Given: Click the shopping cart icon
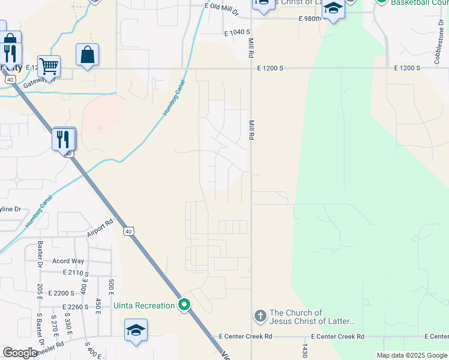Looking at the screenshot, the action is point(49,65).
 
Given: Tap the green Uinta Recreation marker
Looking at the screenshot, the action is point(184,305).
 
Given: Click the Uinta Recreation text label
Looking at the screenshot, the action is point(144,306).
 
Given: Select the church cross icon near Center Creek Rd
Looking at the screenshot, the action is point(260,315).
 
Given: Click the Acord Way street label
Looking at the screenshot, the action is point(68,261).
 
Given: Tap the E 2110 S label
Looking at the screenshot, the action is point(76,273).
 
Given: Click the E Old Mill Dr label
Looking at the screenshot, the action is point(221,8).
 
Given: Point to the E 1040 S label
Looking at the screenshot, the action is point(237,33).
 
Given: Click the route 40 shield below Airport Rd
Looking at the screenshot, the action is point(128,231).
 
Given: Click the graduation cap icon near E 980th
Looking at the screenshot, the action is point(334,10).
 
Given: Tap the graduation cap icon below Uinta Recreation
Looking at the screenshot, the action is point(136,331).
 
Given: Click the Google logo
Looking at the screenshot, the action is point(20,353).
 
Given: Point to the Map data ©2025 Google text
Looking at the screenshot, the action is point(412,355).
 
